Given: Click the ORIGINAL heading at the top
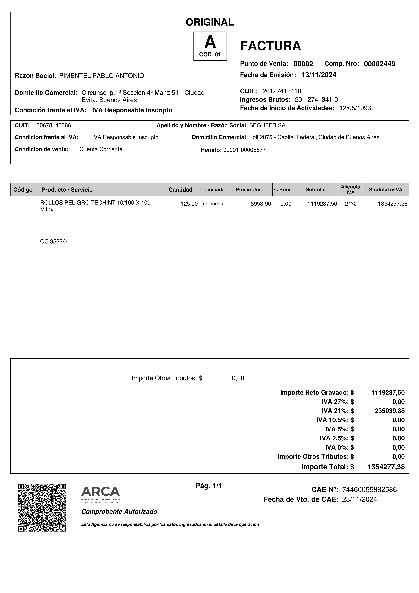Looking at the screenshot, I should (x=210, y=22).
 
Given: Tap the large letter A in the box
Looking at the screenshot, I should (x=210, y=42).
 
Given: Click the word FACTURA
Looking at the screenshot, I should (x=270, y=46).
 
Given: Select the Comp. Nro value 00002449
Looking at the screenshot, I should (x=379, y=64).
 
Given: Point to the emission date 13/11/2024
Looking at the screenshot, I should (x=319, y=75).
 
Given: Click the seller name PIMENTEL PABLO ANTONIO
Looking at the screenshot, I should (x=102, y=76).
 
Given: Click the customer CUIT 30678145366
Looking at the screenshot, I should (x=54, y=125).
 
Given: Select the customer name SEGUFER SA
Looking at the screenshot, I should (x=267, y=125).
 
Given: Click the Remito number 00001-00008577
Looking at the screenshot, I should (x=244, y=150).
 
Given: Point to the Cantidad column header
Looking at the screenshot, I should (x=180, y=190).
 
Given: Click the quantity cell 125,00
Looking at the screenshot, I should (x=189, y=204).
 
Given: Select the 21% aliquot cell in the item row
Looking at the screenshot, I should (x=350, y=204).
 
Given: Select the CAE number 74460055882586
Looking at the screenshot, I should (x=369, y=490).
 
